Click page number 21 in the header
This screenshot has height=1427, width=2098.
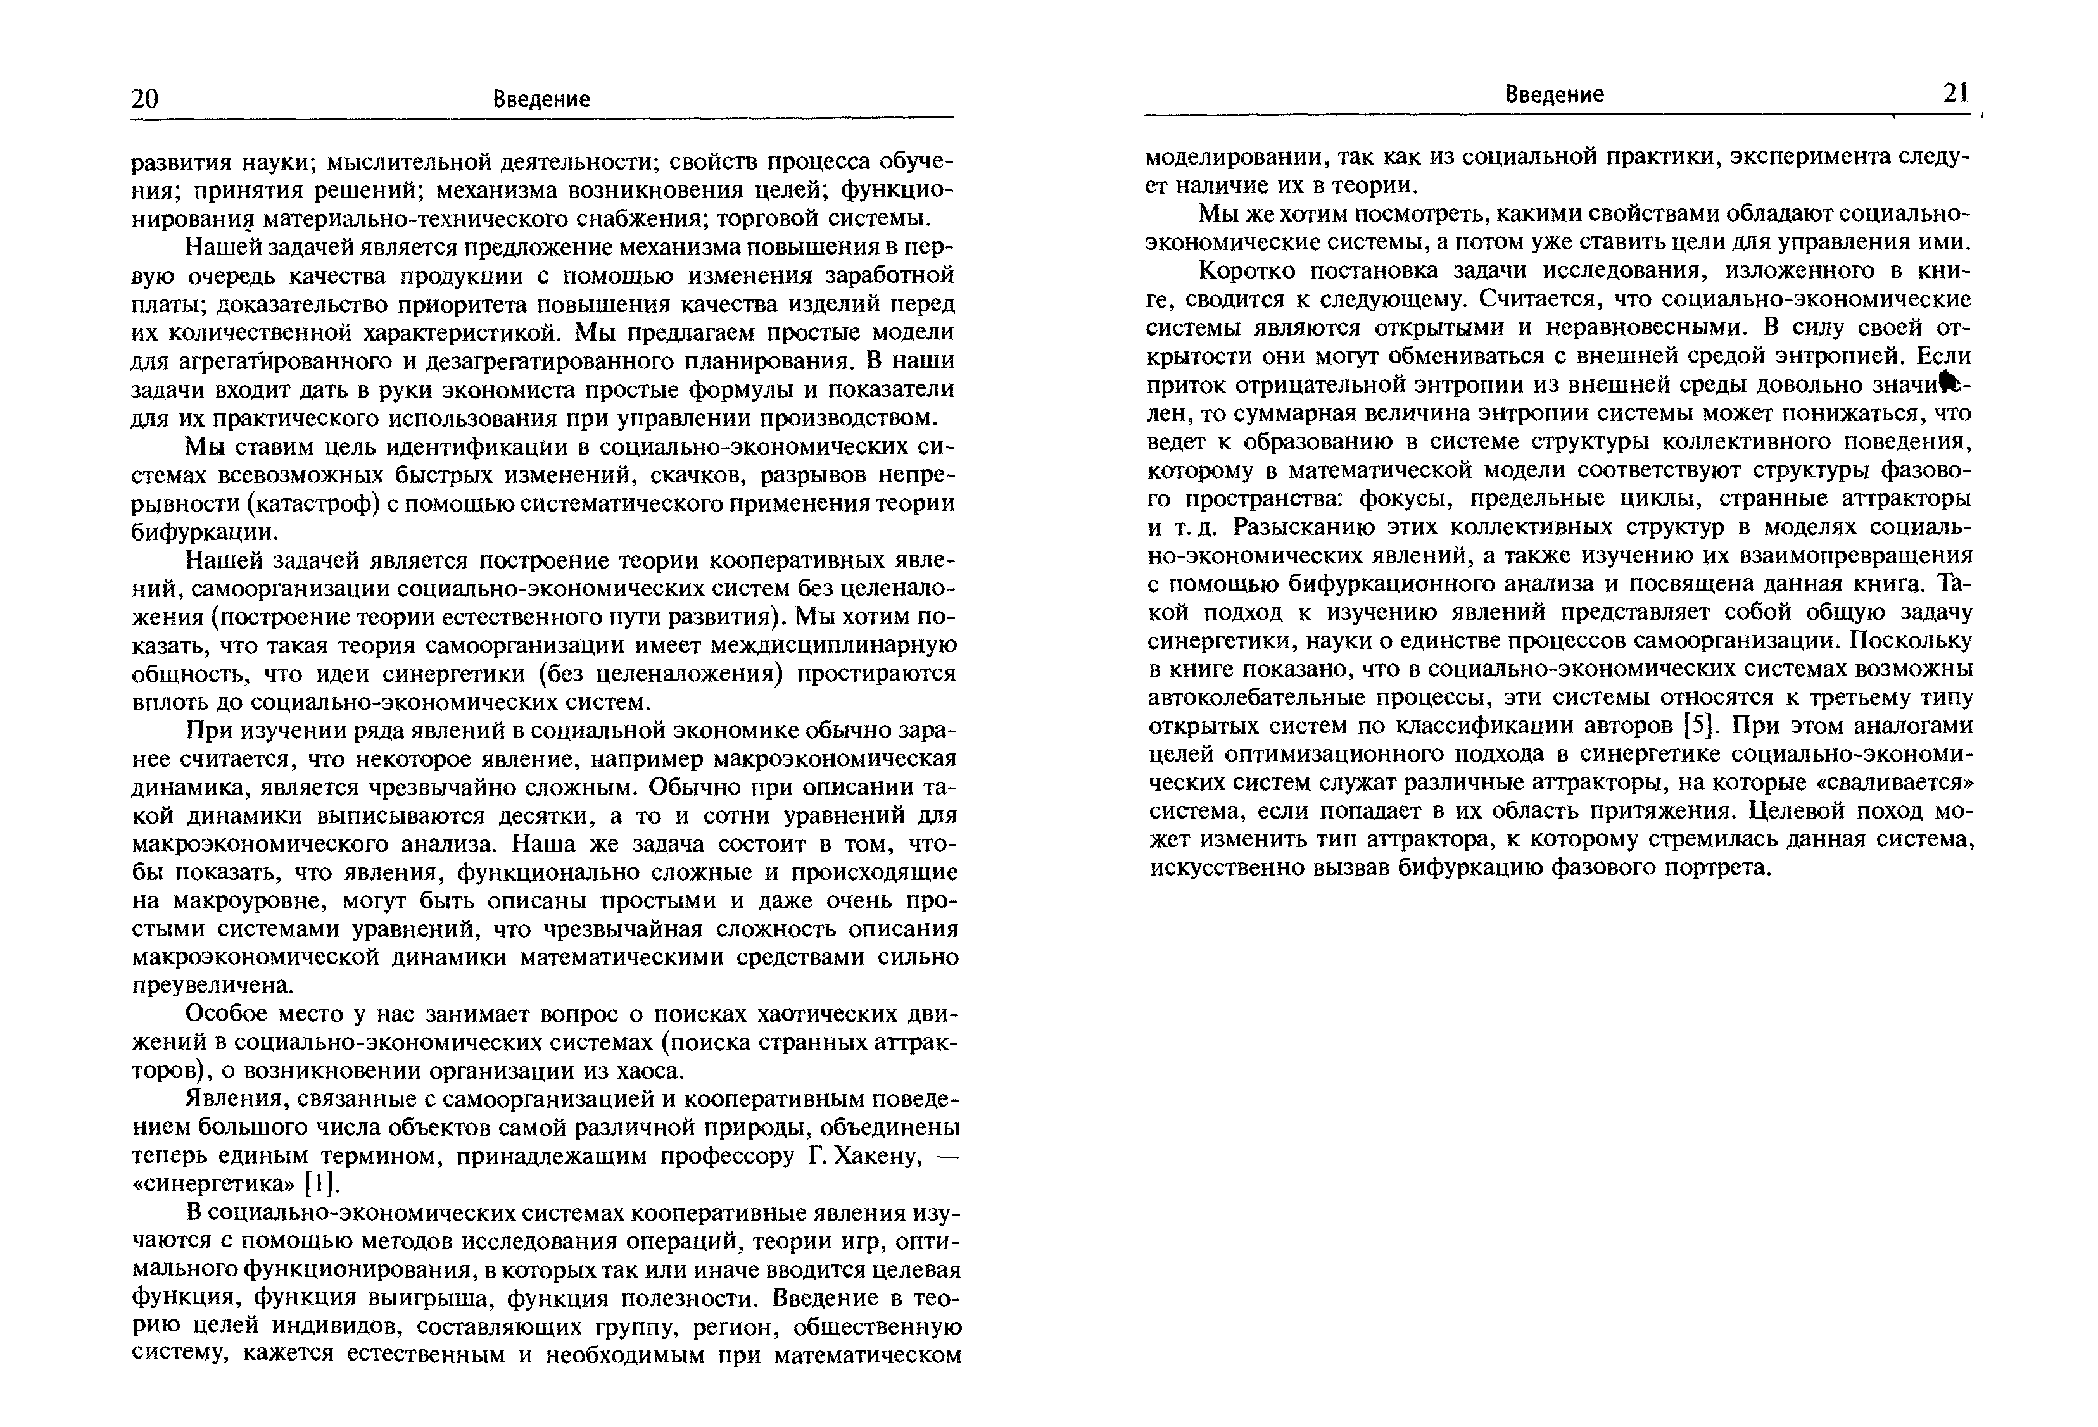pyautogui.click(x=1956, y=93)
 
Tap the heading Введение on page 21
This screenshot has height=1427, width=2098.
pyautogui.click(x=1555, y=95)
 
